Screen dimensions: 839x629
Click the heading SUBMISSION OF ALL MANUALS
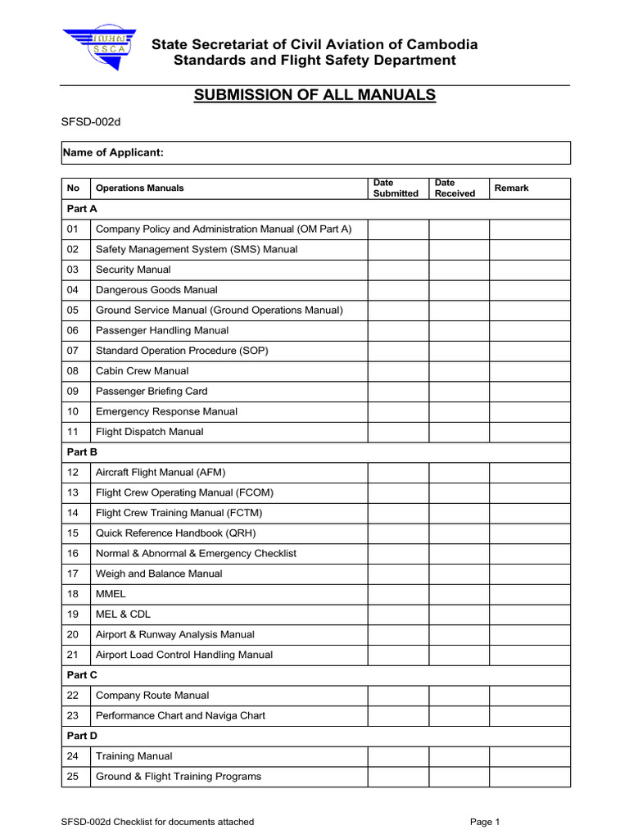click(x=314, y=95)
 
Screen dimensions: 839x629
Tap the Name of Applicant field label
click(x=115, y=153)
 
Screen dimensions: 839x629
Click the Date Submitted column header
click(x=396, y=188)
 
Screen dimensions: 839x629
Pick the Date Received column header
click(x=455, y=188)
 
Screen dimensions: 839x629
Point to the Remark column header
click(x=511, y=188)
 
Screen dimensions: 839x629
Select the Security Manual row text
click(x=133, y=270)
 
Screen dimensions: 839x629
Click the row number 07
click(x=73, y=351)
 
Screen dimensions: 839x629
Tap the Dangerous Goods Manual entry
click(x=156, y=290)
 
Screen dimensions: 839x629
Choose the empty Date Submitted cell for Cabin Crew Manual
click(x=397, y=371)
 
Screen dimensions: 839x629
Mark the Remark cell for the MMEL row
click(x=529, y=594)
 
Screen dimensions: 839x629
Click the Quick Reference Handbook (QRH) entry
click(x=176, y=533)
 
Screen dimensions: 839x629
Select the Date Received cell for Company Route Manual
click(x=459, y=696)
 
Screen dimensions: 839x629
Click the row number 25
click(x=73, y=776)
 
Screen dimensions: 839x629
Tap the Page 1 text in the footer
click(x=485, y=822)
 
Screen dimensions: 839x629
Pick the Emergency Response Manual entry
click(x=166, y=411)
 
